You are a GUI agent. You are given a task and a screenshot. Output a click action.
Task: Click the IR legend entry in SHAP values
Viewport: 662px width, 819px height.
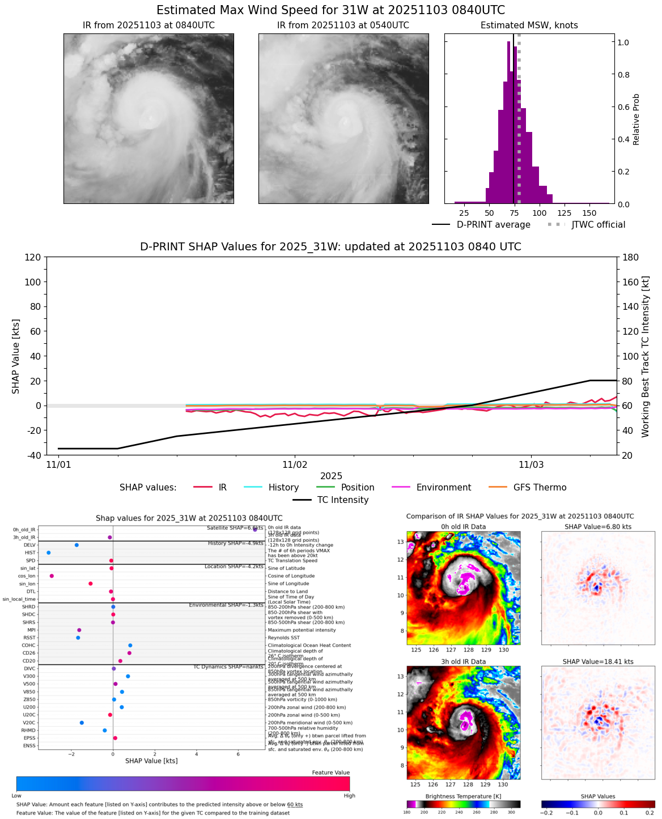click(x=222, y=488)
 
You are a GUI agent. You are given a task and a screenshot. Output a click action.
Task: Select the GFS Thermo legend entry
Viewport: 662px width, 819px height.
click(x=540, y=488)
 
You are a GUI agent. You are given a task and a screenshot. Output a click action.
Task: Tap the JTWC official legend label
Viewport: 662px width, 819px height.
click(x=598, y=225)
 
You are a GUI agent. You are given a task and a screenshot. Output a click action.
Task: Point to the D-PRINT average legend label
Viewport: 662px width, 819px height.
click(x=493, y=225)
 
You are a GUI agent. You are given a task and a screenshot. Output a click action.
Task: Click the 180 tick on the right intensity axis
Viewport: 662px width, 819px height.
click(x=630, y=257)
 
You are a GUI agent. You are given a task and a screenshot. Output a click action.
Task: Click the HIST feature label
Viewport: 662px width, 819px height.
click(x=30, y=553)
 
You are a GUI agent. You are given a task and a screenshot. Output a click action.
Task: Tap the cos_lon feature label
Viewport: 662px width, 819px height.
click(x=27, y=576)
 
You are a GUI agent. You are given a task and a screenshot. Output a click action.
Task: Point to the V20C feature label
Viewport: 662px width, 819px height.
click(x=29, y=723)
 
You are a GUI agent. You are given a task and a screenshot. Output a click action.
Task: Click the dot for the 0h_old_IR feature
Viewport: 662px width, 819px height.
click(x=255, y=530)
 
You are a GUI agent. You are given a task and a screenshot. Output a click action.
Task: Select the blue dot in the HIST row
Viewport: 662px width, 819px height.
click(x=48, y=553)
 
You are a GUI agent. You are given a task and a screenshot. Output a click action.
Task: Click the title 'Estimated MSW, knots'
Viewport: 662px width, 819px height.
click(x=529, y=25)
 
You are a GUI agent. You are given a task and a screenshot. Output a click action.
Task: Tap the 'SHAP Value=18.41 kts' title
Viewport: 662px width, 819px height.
click(x=598, y=662)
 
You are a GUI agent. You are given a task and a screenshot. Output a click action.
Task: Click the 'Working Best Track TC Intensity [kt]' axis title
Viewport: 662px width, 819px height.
click(x=645, y=356)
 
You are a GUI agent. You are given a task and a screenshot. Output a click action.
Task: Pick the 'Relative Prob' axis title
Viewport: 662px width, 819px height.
click(x=636, y=120)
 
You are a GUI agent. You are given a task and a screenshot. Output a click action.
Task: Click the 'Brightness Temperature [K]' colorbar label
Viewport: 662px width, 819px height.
click(x=463, y=796)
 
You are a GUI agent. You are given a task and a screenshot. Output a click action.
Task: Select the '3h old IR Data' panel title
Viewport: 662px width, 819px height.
click(x=463, y=662)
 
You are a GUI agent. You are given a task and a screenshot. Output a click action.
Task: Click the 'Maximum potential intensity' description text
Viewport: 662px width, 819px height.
click(x=302, y=630)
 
